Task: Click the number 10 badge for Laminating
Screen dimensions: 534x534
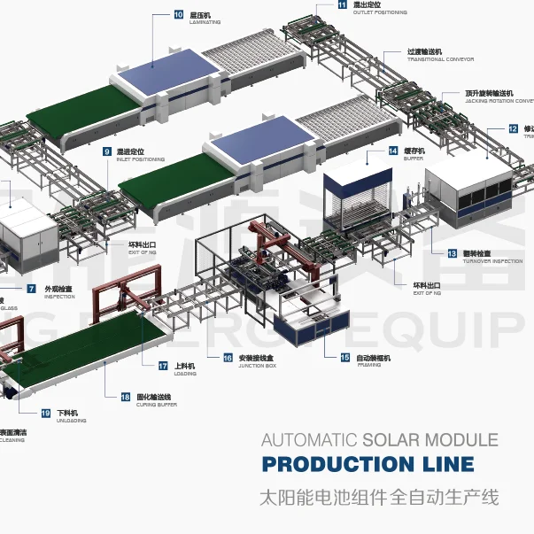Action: pos(179,15)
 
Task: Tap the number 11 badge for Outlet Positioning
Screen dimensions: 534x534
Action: pos(344,4)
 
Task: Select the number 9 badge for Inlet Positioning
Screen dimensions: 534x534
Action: pos(107,151)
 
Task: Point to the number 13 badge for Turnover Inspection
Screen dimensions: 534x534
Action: pos(452,253)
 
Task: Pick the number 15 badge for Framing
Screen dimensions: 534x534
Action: pos(345,357)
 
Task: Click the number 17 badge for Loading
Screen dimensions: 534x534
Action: pos(163,365)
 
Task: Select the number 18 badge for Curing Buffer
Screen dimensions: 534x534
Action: pos(125,398)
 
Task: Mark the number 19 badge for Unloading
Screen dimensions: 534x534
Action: pos(46,413)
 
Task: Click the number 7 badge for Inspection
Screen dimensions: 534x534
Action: pos(31,289)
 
